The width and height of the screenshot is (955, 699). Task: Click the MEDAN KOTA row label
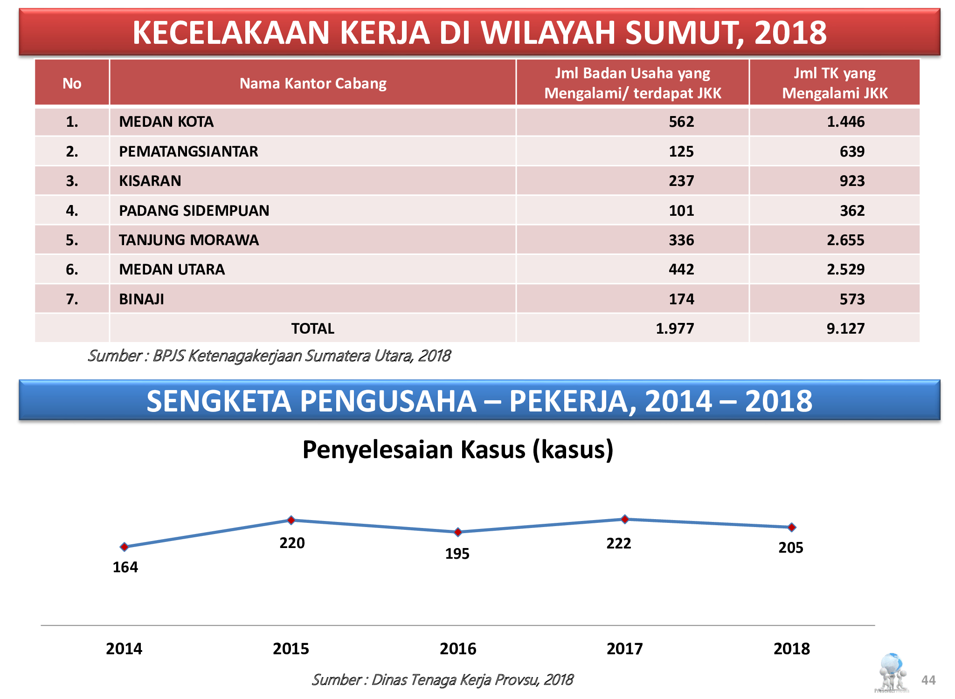click(x=166, y=122)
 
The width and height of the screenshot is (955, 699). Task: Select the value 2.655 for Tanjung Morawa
click(x=845, y=240)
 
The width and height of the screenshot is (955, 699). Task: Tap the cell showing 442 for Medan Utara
click(x=681, y=269)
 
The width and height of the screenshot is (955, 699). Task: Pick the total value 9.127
click(x=845, y=329)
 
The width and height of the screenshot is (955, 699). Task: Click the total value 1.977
click(x=674, y=329)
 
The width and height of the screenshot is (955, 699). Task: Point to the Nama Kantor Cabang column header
click(x=313, y=83)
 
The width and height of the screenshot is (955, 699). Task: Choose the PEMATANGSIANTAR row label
click(x=188, y=151)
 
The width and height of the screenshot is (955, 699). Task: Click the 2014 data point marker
click(x=124, y=547)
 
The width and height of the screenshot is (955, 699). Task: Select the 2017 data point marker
click(x=625, y=519)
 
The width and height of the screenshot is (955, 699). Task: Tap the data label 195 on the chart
click(x=457, y=554)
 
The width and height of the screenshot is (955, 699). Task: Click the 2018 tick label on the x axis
click(x=791, y=649)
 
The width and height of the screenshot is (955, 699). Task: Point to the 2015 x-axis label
click(x=291, y=649)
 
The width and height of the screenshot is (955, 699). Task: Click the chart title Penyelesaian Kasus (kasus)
click(x=457, y=450)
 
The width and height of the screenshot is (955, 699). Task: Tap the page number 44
click(x=928, y=680)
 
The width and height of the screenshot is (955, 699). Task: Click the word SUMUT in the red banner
click(x=684, y=33)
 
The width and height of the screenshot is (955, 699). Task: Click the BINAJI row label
click(x=141, y=299)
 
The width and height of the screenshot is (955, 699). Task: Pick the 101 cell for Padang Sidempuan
click(x=681, y=211)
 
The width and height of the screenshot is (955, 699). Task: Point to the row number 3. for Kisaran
click(x=72, y=181)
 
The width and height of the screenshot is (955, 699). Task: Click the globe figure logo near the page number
click(x=892, y=672)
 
